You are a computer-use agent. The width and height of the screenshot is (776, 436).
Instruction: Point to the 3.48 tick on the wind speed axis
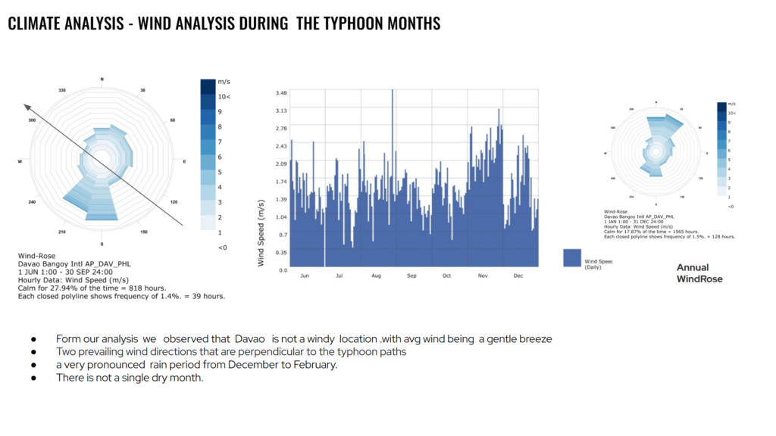click(281, 92)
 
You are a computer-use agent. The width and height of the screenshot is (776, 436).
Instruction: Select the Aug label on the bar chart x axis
click(377, 276)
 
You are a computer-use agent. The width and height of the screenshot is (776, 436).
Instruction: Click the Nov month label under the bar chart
click(482, 276)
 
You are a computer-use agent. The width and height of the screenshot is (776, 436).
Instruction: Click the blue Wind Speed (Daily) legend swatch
click(572, 258)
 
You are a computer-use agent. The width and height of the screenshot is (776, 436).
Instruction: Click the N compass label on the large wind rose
click(102, 79)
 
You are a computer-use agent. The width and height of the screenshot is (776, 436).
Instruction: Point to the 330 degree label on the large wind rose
click(63, 90)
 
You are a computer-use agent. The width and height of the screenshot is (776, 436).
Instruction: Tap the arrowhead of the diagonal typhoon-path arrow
click(27, 107)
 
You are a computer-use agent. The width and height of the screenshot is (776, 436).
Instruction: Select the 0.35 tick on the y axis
click(281, 252)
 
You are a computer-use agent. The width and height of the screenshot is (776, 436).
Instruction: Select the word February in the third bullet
click(315, 365)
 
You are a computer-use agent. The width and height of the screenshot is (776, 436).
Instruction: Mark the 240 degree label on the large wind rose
click(32, 202)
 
